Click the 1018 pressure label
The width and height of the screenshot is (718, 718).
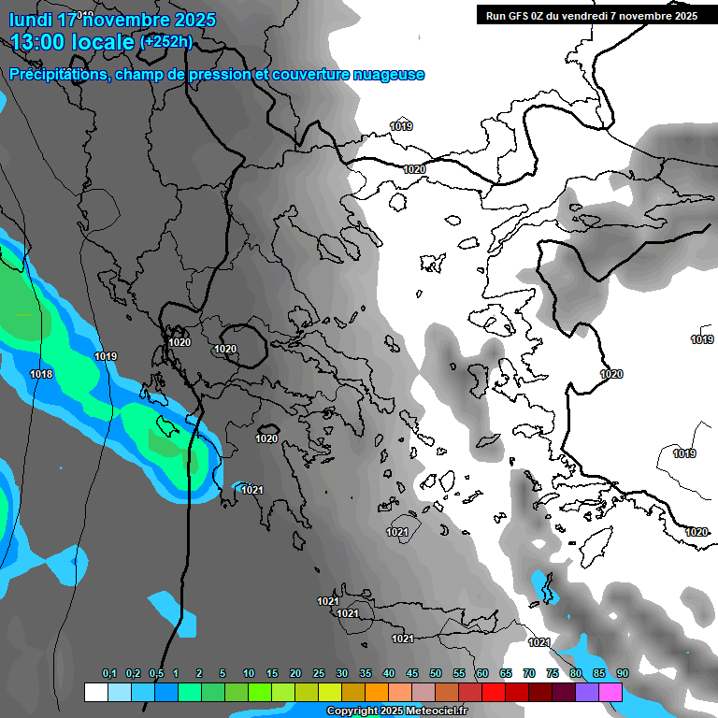(41, 374)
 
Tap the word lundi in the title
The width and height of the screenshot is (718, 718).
(30, 20)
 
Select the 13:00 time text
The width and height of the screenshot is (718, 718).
(43, 41)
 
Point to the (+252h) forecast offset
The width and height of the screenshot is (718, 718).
(165, 41)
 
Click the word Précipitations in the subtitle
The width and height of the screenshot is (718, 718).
(58, 75)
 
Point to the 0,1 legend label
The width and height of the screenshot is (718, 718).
(109, 674)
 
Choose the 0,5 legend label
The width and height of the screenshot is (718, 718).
(156, 674)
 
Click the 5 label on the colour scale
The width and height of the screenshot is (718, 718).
(223, 674)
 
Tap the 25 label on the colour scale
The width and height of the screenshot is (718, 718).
(318, 674)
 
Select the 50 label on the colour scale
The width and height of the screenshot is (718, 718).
(436, 674)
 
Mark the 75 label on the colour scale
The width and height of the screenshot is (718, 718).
(553, 674)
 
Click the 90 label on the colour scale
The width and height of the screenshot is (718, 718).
(622, 674)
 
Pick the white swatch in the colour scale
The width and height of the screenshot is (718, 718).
(95, 692)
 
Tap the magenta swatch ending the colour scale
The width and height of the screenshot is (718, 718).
(610, 692)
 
